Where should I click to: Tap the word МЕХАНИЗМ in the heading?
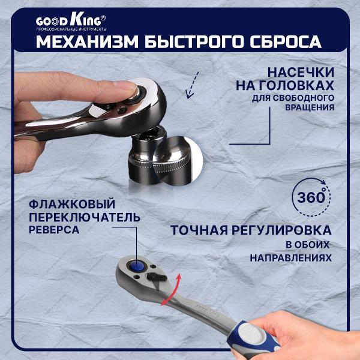pos(88,42)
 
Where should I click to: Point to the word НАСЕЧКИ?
pos(301,73)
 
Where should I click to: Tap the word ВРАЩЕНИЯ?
pos(310,107)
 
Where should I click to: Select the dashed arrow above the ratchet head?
pos(192,85)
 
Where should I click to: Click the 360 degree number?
pos(311,197)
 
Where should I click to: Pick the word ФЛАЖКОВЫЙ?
pos(72,204)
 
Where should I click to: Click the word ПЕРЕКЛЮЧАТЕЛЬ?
pos(85,217)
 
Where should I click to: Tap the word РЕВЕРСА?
pos(54,230)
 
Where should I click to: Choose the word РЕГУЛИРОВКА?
pos(281,230)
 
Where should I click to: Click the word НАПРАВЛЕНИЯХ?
pos(290,258)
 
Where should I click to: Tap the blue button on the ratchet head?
pos(137,266)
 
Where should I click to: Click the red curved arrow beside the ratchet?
pos(172,290)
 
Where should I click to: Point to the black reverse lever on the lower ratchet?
pos(157,277)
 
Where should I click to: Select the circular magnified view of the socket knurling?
pos(177,160)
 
